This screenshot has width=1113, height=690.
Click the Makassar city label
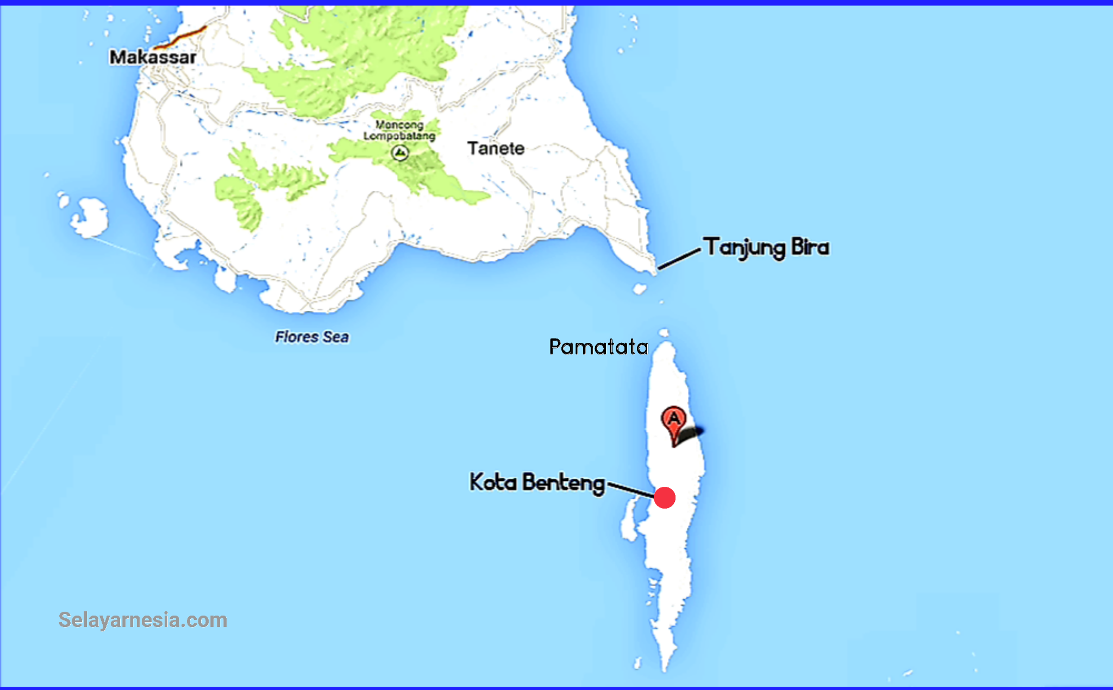(153, 57)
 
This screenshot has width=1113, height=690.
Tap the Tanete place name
(496, 148)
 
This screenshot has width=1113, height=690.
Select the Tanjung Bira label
(766, 248)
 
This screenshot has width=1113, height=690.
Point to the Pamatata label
(598, 347)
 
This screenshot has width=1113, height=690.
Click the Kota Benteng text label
(537, 482)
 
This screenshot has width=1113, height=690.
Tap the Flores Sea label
(311, 337)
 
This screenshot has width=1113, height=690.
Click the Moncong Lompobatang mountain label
(399, 130)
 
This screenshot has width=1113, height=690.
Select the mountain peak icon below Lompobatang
(400, 153)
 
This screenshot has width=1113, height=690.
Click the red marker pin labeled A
(673, 421)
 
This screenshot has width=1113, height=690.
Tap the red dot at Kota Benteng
(665, 498)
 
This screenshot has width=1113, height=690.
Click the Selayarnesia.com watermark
(142, 620)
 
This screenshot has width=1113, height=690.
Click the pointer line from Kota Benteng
(630, 488)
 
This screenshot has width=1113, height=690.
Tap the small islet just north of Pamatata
(664, 333)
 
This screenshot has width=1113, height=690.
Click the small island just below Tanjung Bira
(640, 288)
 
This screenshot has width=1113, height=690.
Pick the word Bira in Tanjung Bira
(810, 248)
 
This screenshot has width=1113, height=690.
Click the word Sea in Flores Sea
(335, 337)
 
